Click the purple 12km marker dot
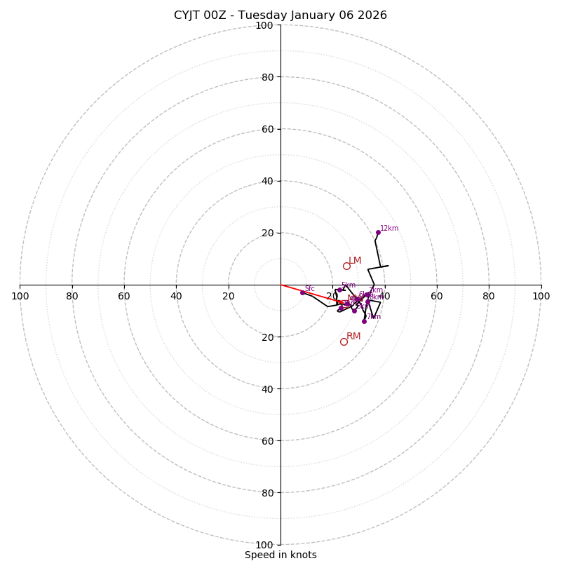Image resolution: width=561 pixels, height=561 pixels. click(x=378, y=232)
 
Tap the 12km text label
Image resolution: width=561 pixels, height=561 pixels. click(x=389, y=229)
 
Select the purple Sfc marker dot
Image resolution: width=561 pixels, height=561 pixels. click(x=302, y=292)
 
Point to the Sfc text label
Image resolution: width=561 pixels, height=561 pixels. click(x=309, y=288)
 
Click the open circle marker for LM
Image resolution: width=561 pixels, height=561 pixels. click(x=346, y=266)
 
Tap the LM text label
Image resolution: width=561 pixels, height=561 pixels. click(x=355, y=261)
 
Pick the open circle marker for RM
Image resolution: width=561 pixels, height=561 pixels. click(x=344, y=342)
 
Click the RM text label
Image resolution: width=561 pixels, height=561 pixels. click(x=353, y=337)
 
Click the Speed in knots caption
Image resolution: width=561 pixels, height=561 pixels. click(x=280, y=555)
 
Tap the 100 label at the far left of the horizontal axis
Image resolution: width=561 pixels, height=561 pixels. click(x=20, y=296)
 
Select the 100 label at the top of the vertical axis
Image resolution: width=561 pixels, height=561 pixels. click(x=264, y=26)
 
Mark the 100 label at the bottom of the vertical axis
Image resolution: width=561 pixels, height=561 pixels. click(x=264, y=545)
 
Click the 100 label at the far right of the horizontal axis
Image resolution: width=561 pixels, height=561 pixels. click(x=541, y=296)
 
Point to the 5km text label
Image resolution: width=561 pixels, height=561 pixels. click(x=349, y=285)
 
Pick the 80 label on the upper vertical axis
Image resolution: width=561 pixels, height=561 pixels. click(x=267, y=77)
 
